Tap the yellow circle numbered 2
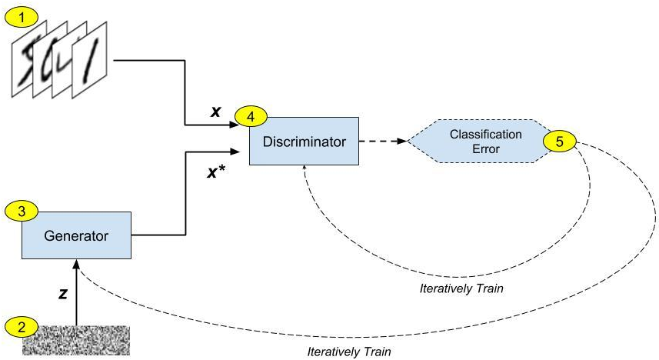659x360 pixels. [21, 325]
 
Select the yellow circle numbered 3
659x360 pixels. [21, 210]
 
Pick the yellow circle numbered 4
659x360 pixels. [251, 117]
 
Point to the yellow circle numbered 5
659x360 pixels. [559, 142]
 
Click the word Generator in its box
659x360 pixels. [76, 236]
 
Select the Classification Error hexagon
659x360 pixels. [475, 142]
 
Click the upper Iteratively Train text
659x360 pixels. [455, 289]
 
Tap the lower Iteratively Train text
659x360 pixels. [349, 352]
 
